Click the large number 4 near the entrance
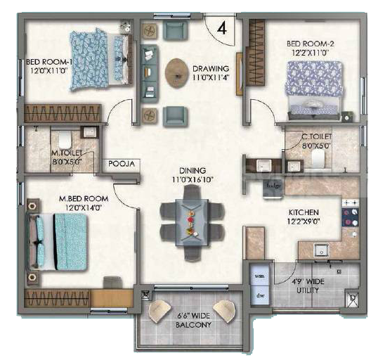coord(222,28)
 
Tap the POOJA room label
coord(122,164)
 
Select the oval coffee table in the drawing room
coord(177,73)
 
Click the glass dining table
coord(192,222)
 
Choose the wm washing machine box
coord(259,276)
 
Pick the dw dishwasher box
coord(259,295)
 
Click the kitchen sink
coord(321,250)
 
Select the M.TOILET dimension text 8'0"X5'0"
coord(67,162)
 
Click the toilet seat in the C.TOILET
coord(318,158)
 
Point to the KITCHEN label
coord(304,212)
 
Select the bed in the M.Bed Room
coord(57,242)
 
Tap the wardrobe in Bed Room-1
coord(63,113)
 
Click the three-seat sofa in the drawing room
coord(150,74)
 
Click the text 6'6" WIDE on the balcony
coord(193,316)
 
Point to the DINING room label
coord(193,171)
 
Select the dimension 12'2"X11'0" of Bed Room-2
coord(311,53)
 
